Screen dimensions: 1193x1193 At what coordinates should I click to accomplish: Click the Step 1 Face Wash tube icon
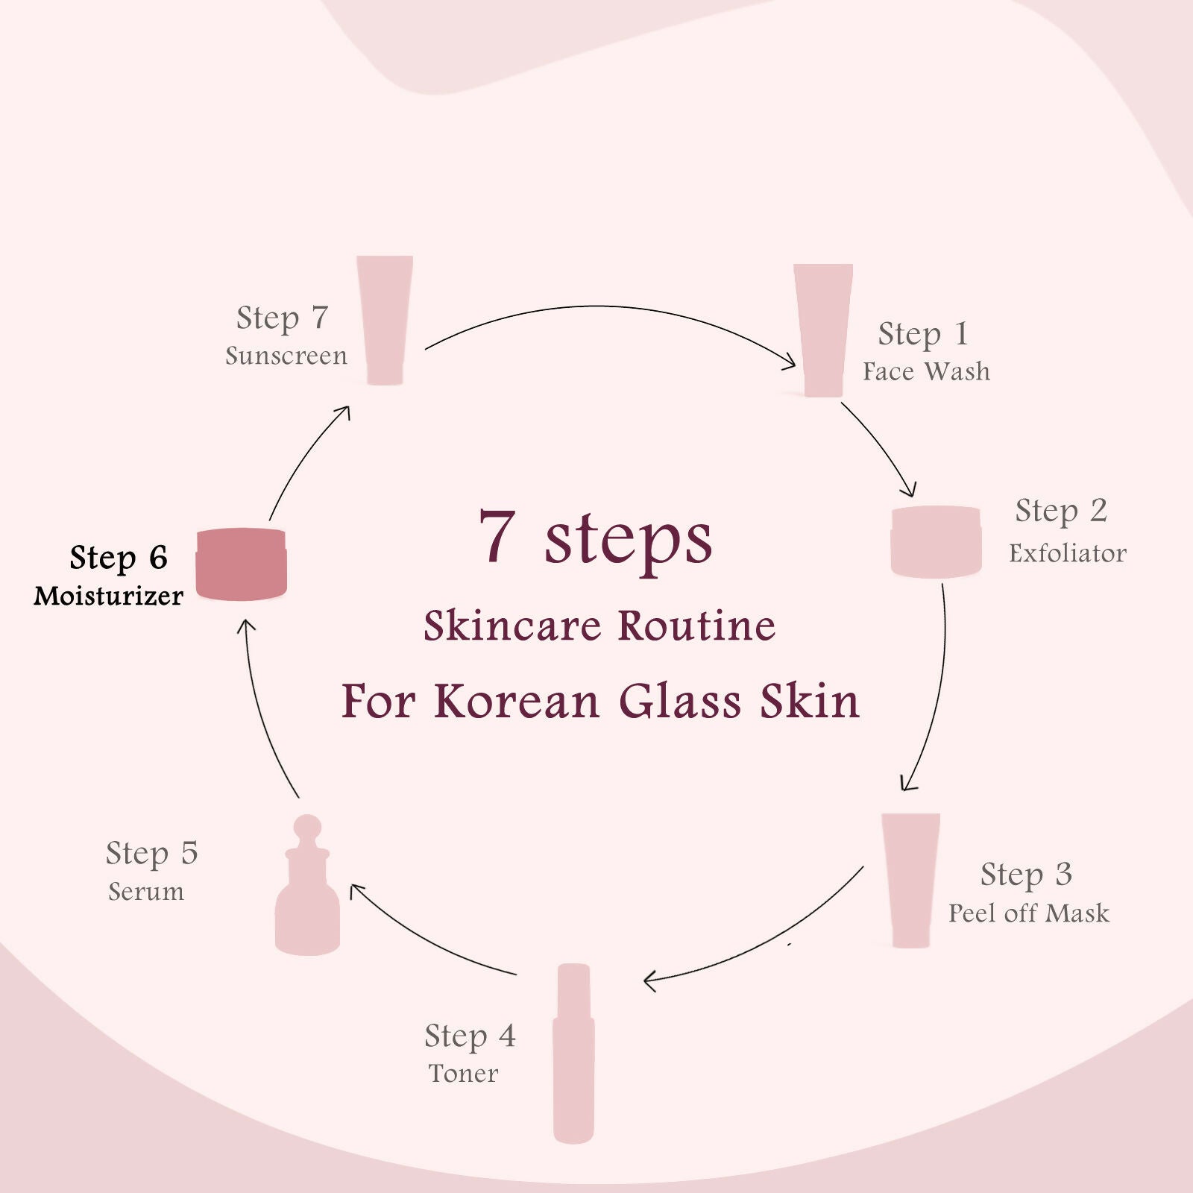823,330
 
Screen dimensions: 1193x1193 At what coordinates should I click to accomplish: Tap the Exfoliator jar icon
936,542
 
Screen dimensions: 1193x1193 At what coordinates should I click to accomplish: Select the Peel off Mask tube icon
910,881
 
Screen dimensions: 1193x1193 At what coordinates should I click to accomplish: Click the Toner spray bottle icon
573,1053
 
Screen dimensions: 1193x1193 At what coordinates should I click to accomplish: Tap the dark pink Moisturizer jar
241,564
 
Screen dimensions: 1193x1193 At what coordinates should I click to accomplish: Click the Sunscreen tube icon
385,321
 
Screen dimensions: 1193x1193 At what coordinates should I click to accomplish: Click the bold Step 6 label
119,558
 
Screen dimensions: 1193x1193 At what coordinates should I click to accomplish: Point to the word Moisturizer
109,596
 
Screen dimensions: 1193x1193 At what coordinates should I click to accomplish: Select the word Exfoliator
1068,553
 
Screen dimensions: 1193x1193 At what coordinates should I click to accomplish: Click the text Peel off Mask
1029,913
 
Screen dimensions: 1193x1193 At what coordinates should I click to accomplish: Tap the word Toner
463,1074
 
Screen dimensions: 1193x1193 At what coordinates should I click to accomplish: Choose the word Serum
146,892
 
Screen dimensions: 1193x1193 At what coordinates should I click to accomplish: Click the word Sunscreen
286,356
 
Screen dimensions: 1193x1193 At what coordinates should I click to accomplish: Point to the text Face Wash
927,371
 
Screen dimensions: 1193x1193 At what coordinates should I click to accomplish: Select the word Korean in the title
517,702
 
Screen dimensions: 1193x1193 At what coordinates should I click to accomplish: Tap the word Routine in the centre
697,626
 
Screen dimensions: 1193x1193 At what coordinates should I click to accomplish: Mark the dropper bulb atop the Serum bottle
307,827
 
